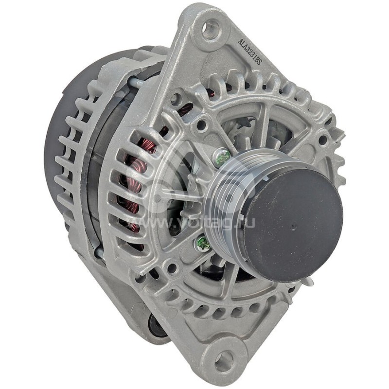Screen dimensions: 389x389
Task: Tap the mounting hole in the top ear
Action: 210,30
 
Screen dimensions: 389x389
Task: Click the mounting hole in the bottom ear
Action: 224,360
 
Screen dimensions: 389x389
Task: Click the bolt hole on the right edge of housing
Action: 322,141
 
